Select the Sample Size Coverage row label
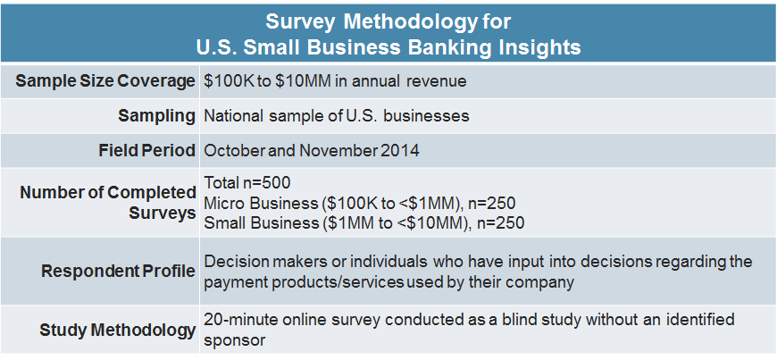pyautogui.click(x=105, y=81)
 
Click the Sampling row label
pyautogui.click(x=156, y=116)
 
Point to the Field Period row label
pyautogui.click(x=146, y=151)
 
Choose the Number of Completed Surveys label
pyautogui.click(x=107, y=203)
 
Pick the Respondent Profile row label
pyautogui.click(x=118, y=271)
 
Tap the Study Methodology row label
pyautogui.click(x=117, y=330)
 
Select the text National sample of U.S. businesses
pyautogui.click(x=336, y=116)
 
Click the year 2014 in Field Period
pyautogui.click(x=400, y=151)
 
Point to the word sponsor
pyautogui.click(x=235, y=340)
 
